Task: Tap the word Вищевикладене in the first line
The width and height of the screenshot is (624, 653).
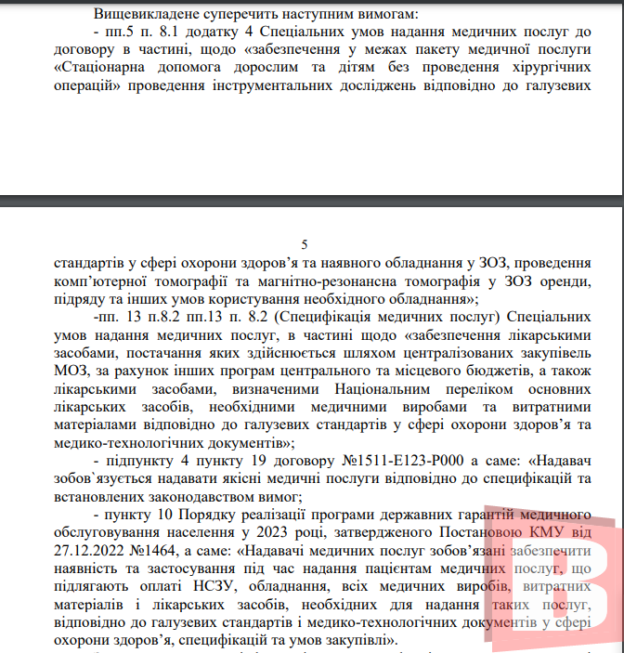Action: click(x=148, y=15)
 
